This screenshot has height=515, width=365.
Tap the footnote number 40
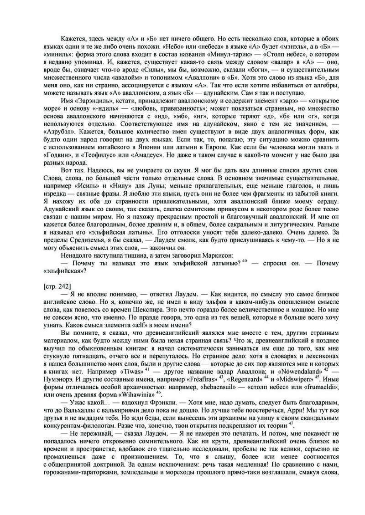click(x=245, y=260)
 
